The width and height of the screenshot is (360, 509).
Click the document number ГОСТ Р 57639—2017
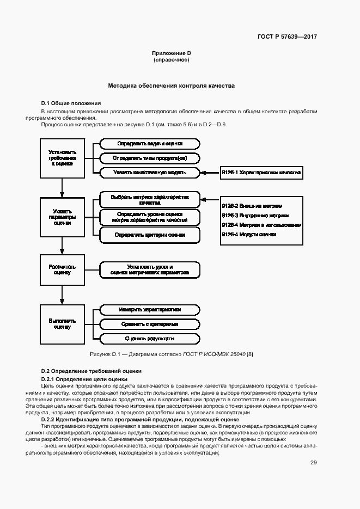tap(287, 37)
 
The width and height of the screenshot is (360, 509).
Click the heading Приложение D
tap(172, 53)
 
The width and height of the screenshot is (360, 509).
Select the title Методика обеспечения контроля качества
tap(171, 85)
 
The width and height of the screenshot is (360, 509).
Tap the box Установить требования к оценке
tap(62, 158)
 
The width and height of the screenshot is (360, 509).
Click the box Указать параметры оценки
tap(62, 217)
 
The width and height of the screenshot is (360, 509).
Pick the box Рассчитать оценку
tap(62, 269)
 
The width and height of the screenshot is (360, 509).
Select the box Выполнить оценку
tap(62, 324)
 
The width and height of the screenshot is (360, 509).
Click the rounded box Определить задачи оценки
tap(150, 144)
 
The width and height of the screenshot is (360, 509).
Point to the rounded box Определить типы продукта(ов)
tap(150, 158)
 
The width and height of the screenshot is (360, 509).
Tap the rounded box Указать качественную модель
tap(150, 172)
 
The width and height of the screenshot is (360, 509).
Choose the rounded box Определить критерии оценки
tap(150, 235)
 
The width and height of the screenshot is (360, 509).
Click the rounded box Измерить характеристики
tap(150, 310)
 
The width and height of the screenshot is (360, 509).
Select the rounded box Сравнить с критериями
tap(150, 324)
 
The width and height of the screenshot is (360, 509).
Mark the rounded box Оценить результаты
tap(150, 339)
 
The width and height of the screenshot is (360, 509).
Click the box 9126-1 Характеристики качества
tap(260, 172)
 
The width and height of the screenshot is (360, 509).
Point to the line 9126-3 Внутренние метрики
tap(252, 216)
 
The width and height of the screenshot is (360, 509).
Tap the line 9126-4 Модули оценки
tap(249, 234)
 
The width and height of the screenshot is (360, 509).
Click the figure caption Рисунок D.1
tap(172, 354)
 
